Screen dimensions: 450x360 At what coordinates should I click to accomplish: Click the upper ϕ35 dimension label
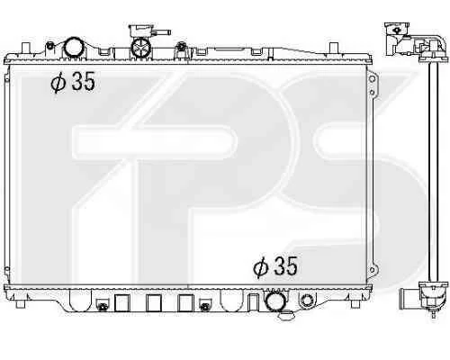pyautogui.click(x=73, y=81)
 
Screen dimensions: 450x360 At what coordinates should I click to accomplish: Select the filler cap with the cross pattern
pyautogui.click(x=141, y=47)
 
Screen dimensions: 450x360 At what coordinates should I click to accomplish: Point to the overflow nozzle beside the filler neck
pyautogui.click(x=162, y=32)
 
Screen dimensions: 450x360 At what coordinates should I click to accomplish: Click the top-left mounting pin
pyautogui.click(x=26, y=48)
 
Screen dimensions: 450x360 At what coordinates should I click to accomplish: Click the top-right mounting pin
pyautogui.click(x=334, y=48)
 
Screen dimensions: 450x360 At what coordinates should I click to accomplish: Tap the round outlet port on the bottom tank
pyautogui.click(x=274, y=301)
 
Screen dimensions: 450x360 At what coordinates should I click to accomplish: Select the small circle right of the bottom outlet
pyautogui.click(x=307, y=301)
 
